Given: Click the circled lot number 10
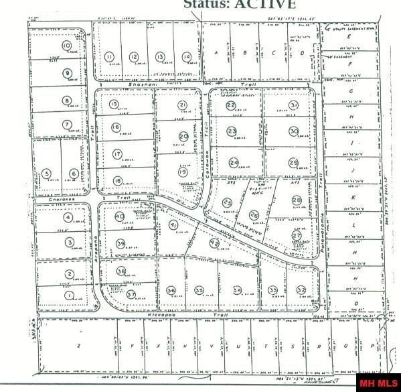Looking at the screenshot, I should (66, 46).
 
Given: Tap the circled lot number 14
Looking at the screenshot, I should (186, 57).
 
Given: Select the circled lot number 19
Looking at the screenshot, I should (183, 172).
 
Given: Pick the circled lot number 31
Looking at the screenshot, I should (293, 106).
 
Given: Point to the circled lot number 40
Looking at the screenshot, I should (120, 216).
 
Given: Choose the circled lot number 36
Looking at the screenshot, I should (171, 290).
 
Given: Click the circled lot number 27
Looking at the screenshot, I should (297, 235).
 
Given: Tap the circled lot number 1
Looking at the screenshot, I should (68, 294).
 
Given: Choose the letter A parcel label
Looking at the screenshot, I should (216, 54).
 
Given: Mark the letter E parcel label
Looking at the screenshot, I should (347, 38).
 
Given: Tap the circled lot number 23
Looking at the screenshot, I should (232, 131).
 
